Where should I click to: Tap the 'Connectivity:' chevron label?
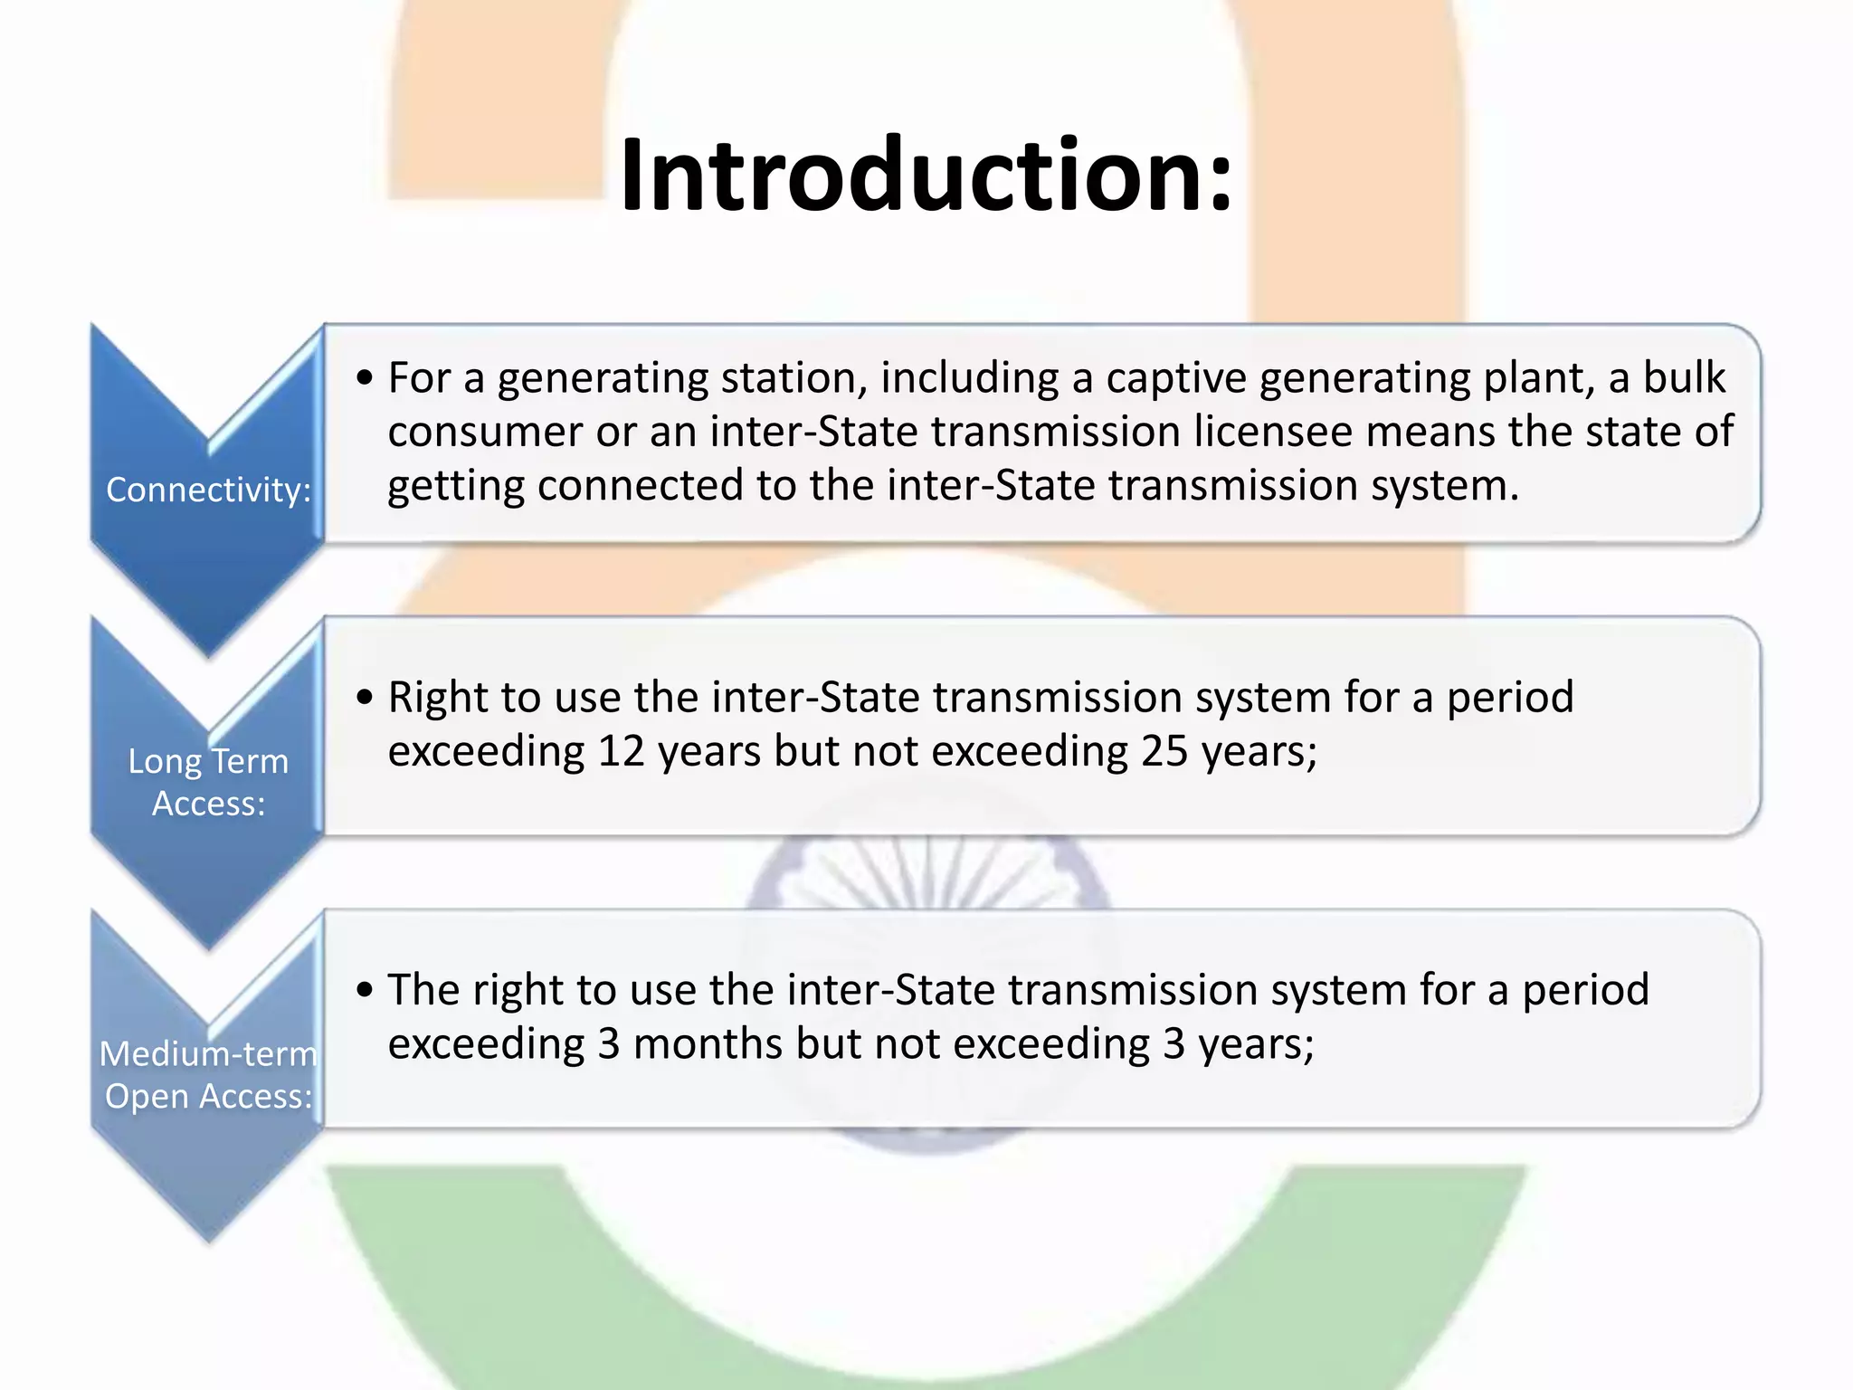208,490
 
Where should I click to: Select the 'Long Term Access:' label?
208,782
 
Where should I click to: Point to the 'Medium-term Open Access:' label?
208,1074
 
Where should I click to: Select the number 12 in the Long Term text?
621,751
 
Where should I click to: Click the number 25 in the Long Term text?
1164,751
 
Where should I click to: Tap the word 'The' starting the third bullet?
423,990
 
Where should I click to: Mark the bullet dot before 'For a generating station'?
365,378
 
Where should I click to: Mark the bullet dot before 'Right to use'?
365,698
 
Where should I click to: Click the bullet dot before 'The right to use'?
365,990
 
